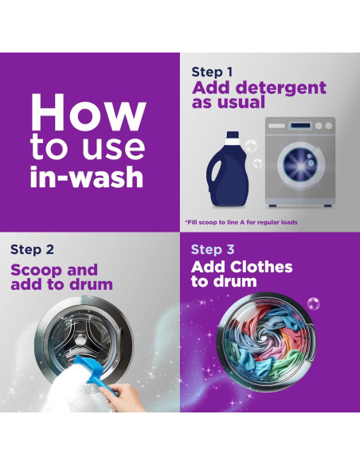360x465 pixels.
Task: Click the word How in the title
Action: (x=88, y=113)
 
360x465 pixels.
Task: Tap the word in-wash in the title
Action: (x=87, y=177)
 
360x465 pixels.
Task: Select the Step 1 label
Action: (x=212, y=72)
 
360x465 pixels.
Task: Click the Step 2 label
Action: (x=32, y=249)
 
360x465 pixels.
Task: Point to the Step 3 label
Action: (x=213, y=249)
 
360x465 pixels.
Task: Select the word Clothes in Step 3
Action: (x=261, y=267)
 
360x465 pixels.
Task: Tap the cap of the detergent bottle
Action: (x=233, y=135)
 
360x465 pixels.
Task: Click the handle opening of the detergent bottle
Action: (x=216, y=170)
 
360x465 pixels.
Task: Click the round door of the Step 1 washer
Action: (x=301, y=166)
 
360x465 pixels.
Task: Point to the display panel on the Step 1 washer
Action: (x=301, y=126)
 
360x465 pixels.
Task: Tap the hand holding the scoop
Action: (x=123, y=397)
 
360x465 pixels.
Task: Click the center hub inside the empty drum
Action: (x=80, y=340)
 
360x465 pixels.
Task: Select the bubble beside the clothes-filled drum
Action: (x=314, y=303)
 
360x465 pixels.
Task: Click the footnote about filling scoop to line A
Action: (x=241, y=222)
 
